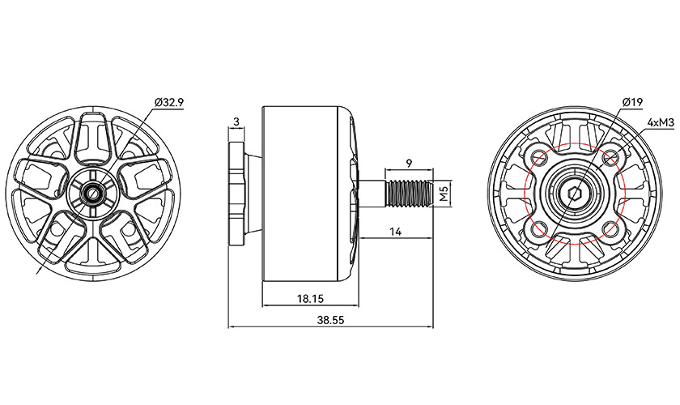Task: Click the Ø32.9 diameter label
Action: pos(169,102)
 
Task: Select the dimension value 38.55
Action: pos(331,320)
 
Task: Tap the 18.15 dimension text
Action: pos(310,298)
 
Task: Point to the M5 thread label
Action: pos(443,194)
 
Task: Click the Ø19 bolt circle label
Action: pos(632,102)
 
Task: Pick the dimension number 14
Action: pos(396,232)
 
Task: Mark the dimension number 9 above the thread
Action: pos(409,162)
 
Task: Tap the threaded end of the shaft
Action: pos(409,194)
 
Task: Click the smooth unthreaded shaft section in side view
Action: pos(374,194)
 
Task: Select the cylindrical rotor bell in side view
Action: pos(304,194)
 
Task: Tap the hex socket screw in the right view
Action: pos(574,195)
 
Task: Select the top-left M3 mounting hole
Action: pos(538,157)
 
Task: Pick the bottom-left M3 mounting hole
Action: pos(538,232)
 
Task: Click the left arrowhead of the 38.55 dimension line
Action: pos(232,327)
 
